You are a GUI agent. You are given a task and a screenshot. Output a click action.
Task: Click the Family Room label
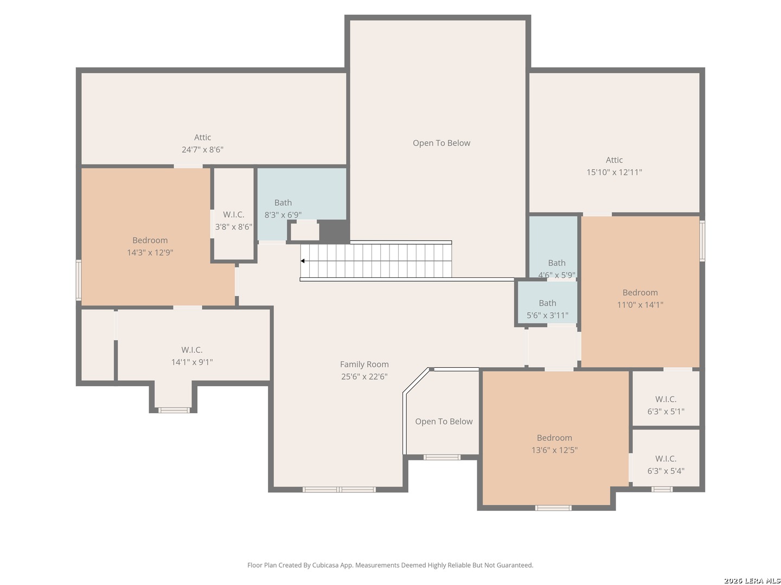[x=364, y=365]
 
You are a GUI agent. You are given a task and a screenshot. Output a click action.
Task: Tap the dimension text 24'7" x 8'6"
[x=202, y=149]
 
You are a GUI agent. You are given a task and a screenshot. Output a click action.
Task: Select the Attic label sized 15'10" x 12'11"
[x=614, y=160]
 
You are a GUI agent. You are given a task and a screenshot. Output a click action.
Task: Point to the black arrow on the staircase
[x=303, y=261]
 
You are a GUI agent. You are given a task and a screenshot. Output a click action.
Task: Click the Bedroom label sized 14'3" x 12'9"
[x=150, y=240]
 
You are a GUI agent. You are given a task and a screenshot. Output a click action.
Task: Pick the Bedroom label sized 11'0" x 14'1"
[x=640, y=292]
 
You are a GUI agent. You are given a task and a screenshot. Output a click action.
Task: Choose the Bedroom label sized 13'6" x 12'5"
[x=554, y=438]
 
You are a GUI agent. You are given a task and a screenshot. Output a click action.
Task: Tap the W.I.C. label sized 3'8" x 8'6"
[x=233, y=214]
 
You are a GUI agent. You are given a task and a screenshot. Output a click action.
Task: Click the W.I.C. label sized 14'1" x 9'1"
[x=192, y=350]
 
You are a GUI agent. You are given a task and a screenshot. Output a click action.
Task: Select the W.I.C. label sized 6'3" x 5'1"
[x=665, y=399]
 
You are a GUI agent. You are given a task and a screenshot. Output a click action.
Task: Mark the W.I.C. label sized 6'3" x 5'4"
[x=665, y=459]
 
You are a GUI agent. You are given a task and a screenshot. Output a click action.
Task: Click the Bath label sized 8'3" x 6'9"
[x=283, y=203]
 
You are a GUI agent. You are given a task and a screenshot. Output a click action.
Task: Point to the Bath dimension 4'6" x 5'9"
[x=556, y=275]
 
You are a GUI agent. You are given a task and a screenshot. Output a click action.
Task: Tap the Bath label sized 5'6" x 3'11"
[x=547, y=303]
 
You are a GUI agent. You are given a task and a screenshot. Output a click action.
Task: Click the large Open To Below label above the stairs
[x=441, y=143]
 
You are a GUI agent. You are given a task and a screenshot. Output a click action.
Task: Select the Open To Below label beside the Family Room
[x=444, y=421]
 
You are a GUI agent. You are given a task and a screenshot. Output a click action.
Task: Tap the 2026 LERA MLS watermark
[x=751, y=581]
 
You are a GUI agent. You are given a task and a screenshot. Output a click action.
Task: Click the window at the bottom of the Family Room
[x=339, y=490]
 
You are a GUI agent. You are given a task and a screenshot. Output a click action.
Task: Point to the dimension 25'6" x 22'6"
[x=364, y=376]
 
